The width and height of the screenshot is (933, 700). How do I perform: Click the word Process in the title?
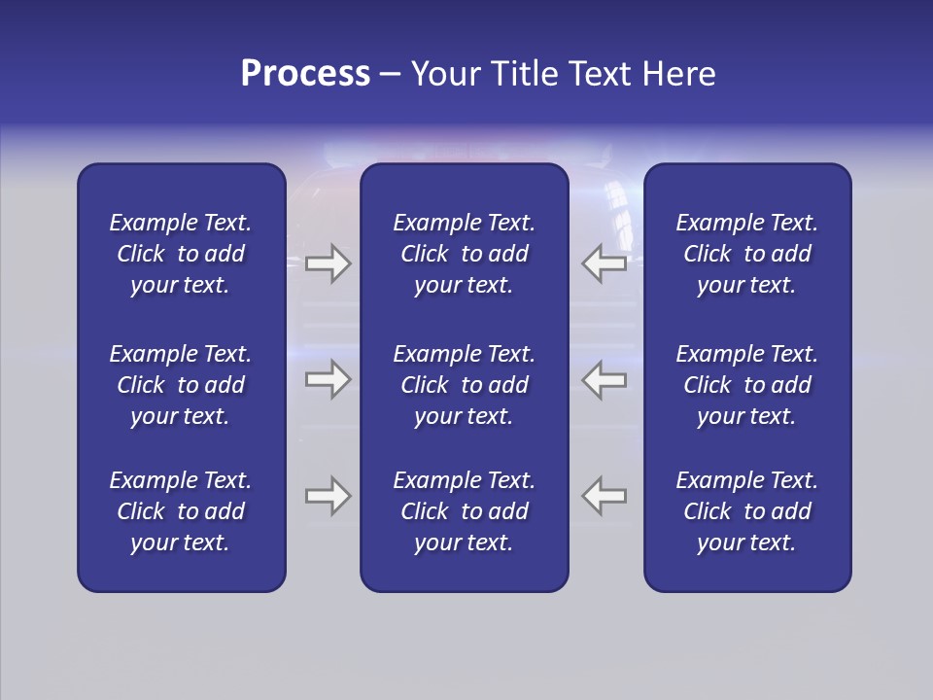click(305, 74)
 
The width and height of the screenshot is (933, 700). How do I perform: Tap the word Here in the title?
click(678, 74)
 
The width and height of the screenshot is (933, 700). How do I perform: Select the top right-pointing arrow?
click(328, 263)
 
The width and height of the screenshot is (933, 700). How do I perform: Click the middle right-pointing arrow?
click(328, 379)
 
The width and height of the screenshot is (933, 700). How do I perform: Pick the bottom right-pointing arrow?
click(328, 496)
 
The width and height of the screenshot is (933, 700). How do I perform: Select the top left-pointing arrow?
click(604, 263)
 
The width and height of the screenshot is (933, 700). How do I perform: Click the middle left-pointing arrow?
click(604, 379)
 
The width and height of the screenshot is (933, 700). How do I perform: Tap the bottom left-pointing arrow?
click(604, 496)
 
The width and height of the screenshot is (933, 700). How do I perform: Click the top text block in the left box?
click(181, 254)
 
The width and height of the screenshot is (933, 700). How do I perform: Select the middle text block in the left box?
click(181, 385)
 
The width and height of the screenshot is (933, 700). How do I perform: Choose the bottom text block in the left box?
click(181, 511)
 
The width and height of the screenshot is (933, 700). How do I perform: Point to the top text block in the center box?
click(465, 254)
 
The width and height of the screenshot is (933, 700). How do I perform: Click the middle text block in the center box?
click(465, 385)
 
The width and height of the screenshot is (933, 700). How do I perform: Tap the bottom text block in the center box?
click(465, 511)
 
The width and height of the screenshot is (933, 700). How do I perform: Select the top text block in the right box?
click(747, 254)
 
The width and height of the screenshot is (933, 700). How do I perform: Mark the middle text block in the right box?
click(747, 385)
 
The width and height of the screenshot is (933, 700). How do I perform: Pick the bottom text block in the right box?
click(747, 511)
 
